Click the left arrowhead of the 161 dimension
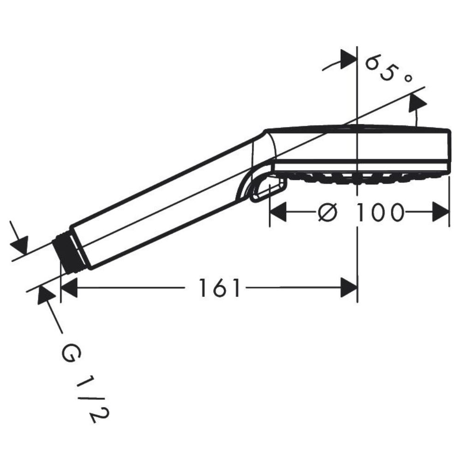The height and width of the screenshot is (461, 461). click(69, 288)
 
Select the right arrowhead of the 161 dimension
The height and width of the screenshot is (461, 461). click(349, 288)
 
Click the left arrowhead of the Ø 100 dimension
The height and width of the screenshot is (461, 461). click(278, 212)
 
